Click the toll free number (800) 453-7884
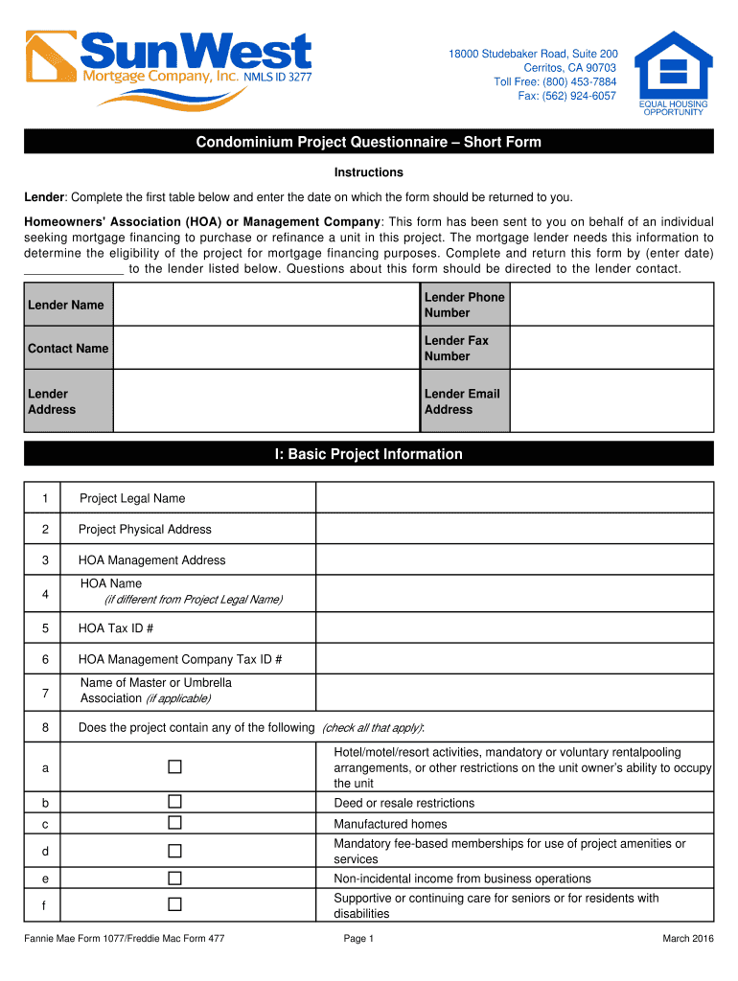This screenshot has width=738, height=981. click(555, 81)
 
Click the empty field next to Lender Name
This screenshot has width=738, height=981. click(266, 305)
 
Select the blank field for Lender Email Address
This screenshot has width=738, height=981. click(611, 401)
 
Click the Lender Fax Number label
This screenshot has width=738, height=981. click(457, 348)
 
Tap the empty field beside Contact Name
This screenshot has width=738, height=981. click(266, 348)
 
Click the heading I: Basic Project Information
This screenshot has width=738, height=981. click(368, 454)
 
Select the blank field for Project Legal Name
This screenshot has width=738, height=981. click(515, 498)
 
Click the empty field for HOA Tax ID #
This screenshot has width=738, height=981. click(515, 628)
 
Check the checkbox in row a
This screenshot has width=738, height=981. click(174, 767)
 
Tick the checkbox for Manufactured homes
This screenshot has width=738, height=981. click(174, 823)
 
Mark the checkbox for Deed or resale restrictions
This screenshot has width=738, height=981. click(174, 802)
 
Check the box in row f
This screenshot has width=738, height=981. click(174, 904)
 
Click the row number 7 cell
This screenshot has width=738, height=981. click(44, 692)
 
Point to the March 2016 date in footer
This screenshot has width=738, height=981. click(687, 939)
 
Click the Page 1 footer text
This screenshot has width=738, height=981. click(357, 939)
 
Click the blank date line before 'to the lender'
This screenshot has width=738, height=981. click(73, 269)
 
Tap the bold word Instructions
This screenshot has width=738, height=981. click(368, 172)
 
